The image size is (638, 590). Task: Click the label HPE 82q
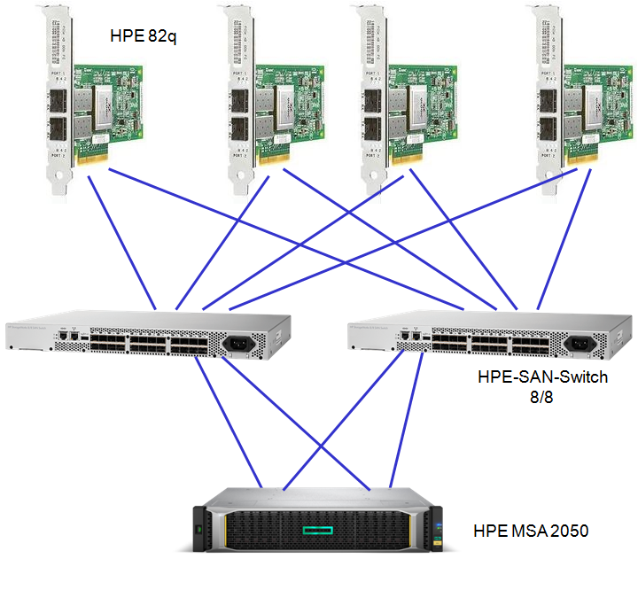144,36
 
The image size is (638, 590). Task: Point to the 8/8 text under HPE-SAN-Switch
540,396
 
